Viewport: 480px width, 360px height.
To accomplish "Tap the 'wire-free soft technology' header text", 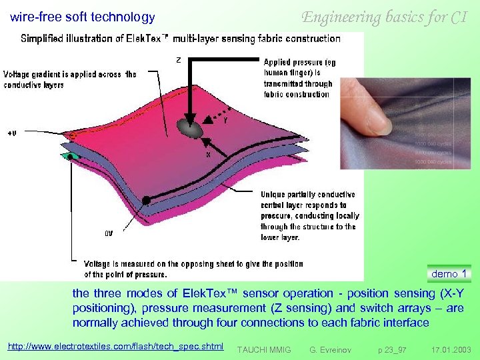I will [x=83, y=17].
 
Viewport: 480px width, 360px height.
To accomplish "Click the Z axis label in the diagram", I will [x=178, y=60].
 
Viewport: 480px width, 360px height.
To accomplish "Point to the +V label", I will [x=12, y=133].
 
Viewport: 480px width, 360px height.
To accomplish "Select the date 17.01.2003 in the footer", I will [x=451, y=349].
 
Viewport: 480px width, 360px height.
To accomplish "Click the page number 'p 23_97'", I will [x=392, y=349].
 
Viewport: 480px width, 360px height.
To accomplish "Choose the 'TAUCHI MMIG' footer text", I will [x=264, y=349].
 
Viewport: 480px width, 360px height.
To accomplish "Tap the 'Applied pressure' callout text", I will [x=299, y=78].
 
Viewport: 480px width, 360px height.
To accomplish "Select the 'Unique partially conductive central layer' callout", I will [x=309, y=215].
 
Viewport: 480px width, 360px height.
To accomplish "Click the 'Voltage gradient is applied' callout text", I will [x=70, y=79].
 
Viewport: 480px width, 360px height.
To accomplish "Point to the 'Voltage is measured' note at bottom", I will [x=193, y=269].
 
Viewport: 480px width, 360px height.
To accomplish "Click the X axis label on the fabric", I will [x=207, y=153].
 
